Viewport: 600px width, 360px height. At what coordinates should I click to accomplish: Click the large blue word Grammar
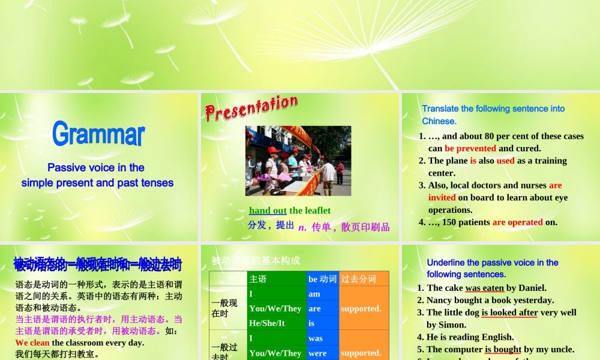(98, 134)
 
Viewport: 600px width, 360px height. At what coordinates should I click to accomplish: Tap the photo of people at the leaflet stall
(298, 161)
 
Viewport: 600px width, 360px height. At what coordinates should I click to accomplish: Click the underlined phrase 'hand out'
(268, 211)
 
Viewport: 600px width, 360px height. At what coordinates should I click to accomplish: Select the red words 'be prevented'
(470, 148)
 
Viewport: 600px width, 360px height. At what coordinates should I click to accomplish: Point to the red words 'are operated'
(517, 222)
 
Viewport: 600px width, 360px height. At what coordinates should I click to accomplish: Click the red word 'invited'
(442, 197)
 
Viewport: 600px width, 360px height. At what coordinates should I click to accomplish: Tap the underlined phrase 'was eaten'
(484, 288)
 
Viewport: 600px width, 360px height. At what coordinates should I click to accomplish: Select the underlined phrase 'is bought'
(503, 349)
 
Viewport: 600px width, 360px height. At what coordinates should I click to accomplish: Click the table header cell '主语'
(258, 279)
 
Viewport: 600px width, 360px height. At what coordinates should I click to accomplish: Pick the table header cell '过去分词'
(359, 279)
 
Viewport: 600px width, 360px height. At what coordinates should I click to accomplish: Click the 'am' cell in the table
(314, 294)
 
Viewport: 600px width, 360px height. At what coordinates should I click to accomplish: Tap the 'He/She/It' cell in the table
(267, 323)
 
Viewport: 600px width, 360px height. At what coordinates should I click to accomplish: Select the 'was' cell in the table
(316, 338)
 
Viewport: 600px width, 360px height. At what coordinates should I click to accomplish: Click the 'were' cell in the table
(317, 353)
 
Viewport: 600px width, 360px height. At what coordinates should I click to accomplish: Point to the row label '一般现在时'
(224, 308)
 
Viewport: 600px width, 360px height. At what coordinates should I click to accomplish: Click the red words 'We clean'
(32, 343)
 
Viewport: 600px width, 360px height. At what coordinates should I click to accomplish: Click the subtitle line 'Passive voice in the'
(96, 168)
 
